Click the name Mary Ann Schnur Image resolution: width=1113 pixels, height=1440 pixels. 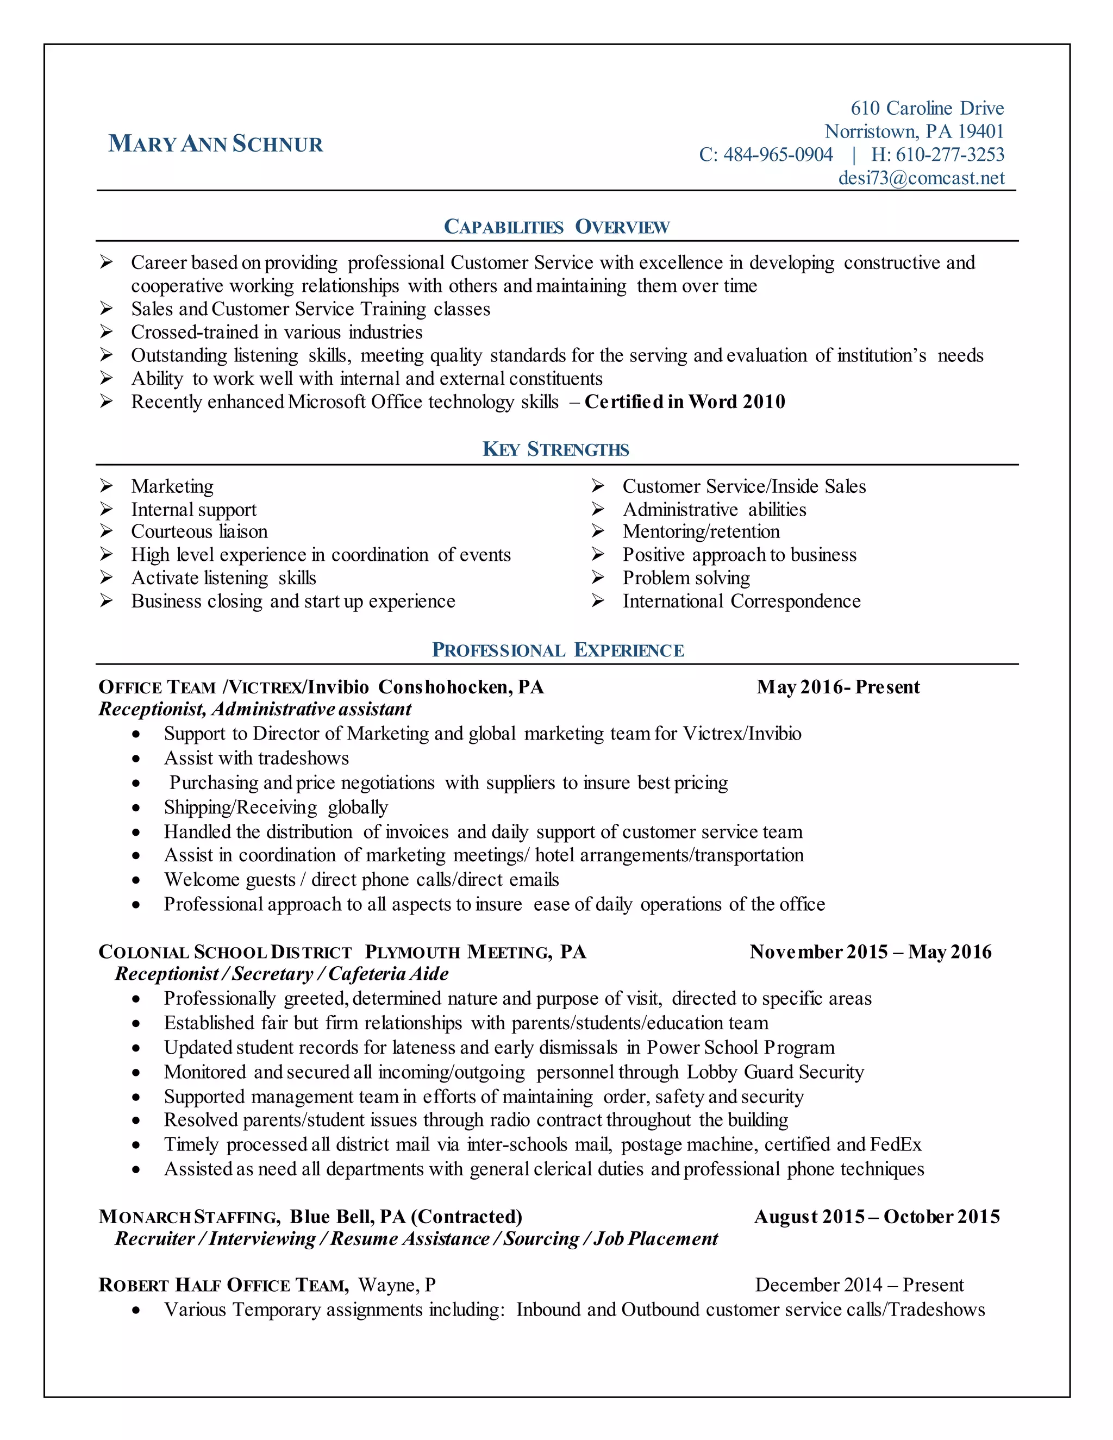[x=216, y=144]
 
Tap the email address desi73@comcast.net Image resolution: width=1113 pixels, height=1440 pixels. [x=921, y=178]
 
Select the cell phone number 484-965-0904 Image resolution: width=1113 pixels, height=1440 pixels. [x=778, y=155]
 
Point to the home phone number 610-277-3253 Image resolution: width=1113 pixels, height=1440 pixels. [x=949, y=155]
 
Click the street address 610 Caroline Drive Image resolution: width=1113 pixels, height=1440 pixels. [x=927, y=108]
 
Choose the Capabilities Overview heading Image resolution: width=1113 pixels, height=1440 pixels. [x=556, y=227]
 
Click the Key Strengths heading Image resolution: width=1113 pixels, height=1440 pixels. [x=556, y=450]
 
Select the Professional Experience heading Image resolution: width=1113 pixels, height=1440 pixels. [x=558, y=650]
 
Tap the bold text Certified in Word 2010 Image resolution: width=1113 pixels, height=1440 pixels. [x=684, y=402]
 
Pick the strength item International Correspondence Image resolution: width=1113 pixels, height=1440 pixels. [x=741, y=602]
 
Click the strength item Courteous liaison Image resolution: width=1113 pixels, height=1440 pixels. [x=199, y=531]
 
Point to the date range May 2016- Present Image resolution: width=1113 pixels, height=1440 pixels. [x=837, y=687]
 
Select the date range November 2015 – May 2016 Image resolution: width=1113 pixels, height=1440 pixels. [x=871, y=952]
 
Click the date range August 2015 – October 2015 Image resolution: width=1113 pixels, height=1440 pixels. [x=877, y=1217]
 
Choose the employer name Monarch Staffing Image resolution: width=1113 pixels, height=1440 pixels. [x=189, y=1217]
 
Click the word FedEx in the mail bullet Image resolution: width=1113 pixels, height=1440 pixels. [x=896, y=1144]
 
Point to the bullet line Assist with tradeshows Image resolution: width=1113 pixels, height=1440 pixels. [x=257, y=758]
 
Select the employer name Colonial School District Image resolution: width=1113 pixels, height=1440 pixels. [x=225, y=953]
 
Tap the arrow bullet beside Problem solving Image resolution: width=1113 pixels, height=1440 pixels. [x=598, y=578]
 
